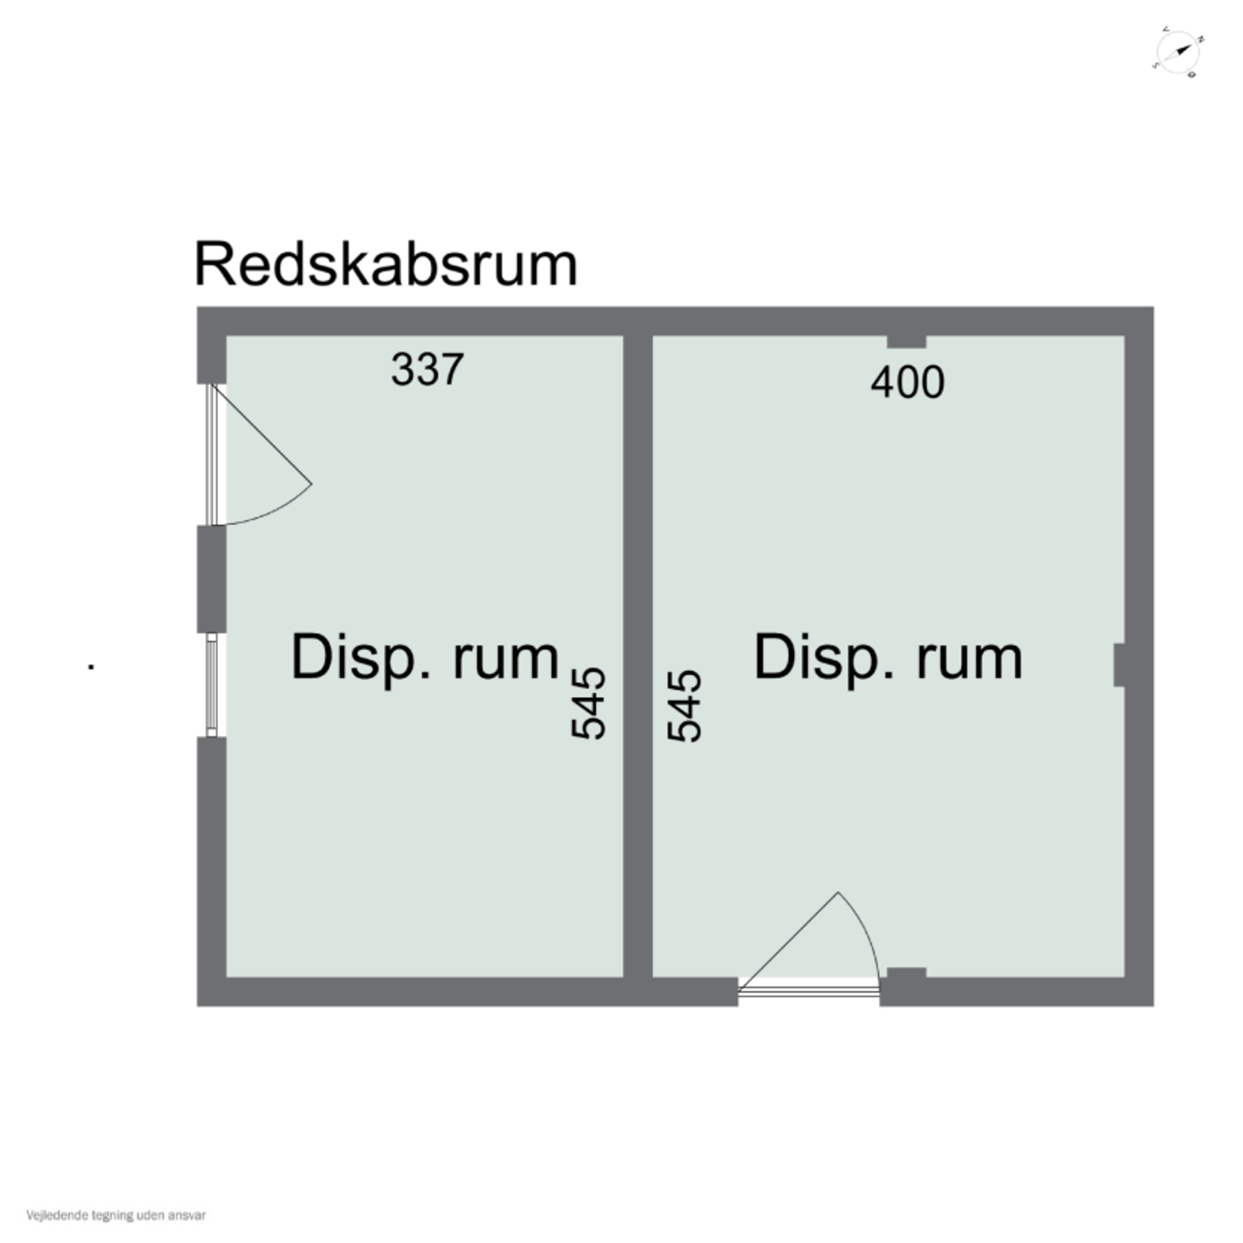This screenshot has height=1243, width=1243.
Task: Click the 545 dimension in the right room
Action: pyautogui.click(x=684, y=706)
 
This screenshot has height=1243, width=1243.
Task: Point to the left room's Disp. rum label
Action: pyautogui.click(x=425, y=658)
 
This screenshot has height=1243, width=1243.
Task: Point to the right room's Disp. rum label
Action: pyautogui.click(x=888, y=658)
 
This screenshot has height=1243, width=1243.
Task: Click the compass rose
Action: pyautogui.click(x=1178, y=53)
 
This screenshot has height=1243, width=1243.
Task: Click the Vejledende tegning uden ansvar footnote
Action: pyautogui.click(x=116, y=1215)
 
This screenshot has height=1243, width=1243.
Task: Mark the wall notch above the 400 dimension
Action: pyautogui.click(x=907, y=342)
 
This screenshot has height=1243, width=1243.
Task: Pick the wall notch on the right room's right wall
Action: pyautogui.click(x=1120, y=665)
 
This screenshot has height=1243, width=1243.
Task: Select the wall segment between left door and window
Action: pyautogui.click(x=212, y=579)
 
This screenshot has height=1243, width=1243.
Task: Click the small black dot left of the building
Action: pyautogui.click(x=91, y=667)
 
